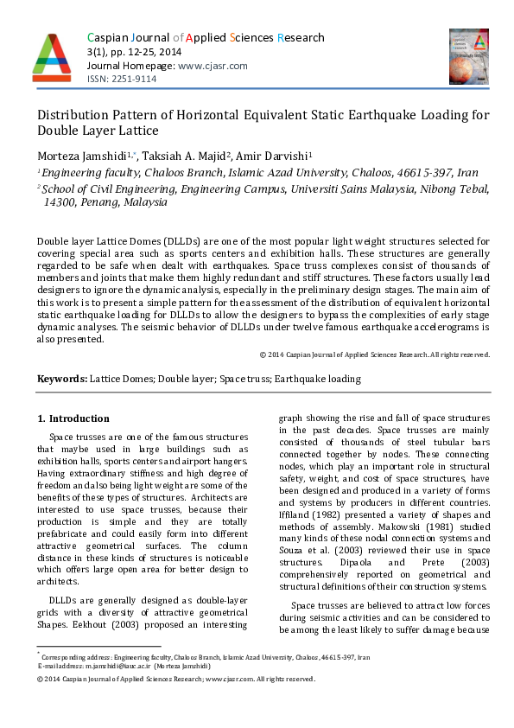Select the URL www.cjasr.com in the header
pos(213,66)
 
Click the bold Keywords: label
pos(62,379)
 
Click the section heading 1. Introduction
pos(73,418)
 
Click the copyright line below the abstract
pos(375,354)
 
